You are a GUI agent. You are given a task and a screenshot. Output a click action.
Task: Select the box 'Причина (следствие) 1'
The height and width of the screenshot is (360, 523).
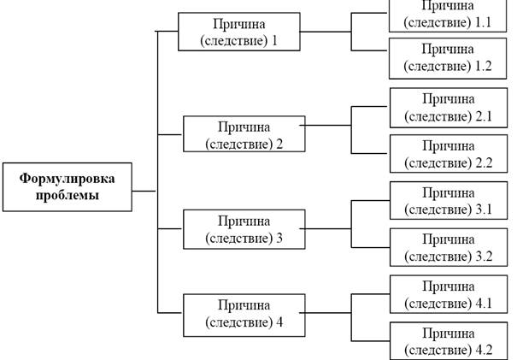(x=238, y=32)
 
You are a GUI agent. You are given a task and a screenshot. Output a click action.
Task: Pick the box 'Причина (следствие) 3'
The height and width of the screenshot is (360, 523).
(x=244, y=229)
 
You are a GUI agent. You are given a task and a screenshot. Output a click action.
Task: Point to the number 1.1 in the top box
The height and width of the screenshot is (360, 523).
(x=483, y=22)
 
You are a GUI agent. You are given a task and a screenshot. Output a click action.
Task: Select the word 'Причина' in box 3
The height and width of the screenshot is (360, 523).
(x=244, y=221)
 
